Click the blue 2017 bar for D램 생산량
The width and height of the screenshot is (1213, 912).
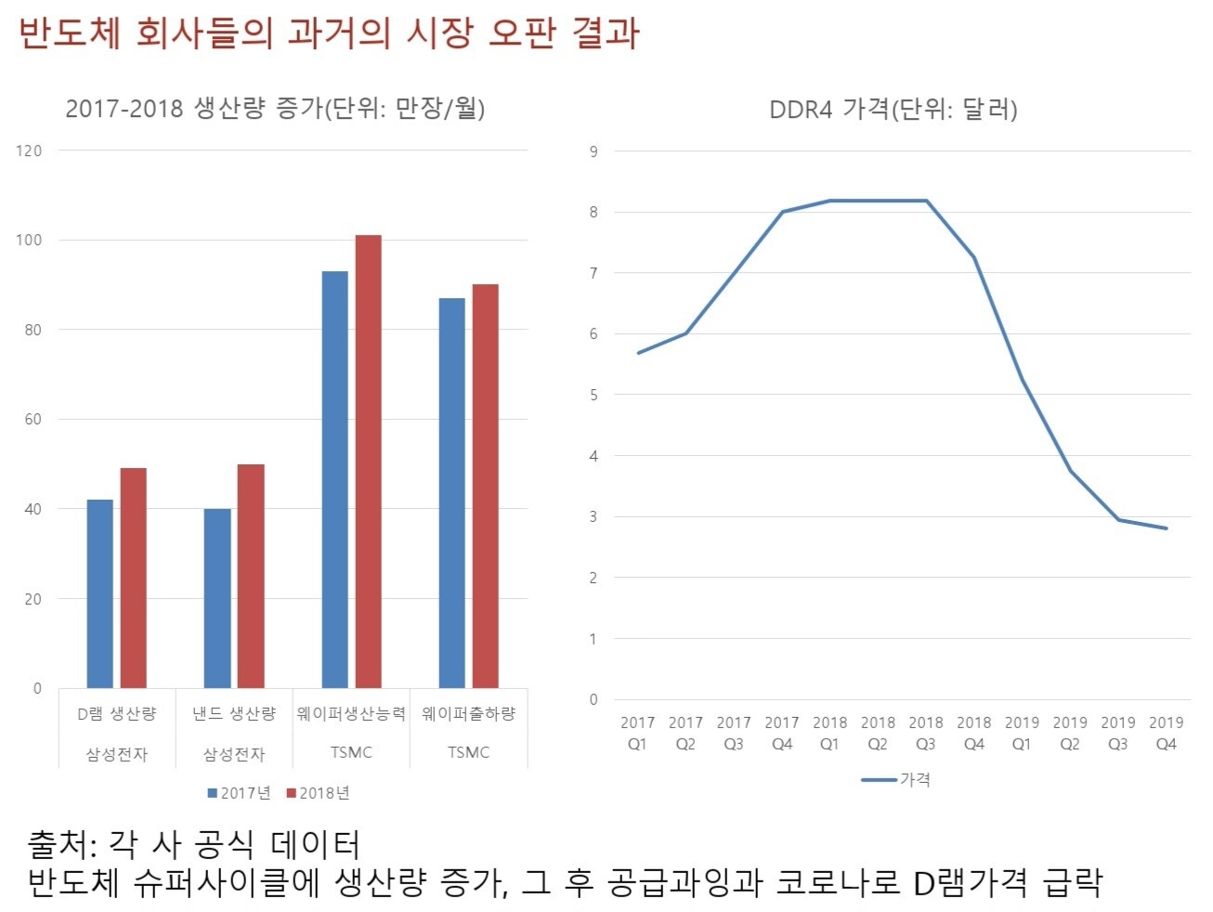99,594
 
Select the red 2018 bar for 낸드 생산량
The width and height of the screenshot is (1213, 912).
251,576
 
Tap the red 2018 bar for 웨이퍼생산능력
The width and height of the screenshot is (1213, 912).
368,462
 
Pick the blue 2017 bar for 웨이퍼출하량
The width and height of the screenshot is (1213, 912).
451,493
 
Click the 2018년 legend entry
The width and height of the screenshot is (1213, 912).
318,793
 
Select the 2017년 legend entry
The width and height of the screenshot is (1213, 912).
239,793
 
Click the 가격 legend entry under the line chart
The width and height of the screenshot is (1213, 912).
896,780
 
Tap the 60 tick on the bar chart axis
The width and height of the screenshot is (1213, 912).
33,420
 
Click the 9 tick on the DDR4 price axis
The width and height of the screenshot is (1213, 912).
593,151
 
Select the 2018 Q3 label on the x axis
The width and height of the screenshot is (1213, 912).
925,733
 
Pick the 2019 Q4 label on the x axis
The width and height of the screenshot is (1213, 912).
1166,733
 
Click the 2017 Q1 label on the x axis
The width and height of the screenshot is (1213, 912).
637,733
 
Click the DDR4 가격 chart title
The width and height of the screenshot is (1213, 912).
893,110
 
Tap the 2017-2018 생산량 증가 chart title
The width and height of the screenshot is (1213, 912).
275,109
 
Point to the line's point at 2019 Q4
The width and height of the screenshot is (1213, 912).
1166,528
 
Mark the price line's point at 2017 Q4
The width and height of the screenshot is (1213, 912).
782,212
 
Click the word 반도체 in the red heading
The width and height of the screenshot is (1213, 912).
70,33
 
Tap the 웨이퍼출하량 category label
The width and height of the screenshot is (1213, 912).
468,713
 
